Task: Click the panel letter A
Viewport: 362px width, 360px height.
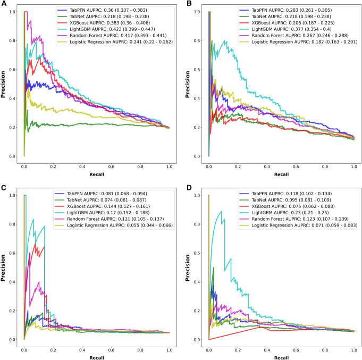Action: [x=4, y=4]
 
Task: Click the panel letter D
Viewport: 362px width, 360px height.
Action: [x=189, y=187]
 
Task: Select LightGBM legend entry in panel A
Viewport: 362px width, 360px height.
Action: [x=106, y=29]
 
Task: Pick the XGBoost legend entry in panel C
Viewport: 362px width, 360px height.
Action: [x=102, y=206]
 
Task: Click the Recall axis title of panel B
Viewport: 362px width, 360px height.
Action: [x=281, y=174]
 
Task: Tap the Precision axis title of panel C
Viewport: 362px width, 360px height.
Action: [x=3, y=268]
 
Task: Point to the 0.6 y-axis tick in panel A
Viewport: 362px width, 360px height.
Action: [x=12, y=70]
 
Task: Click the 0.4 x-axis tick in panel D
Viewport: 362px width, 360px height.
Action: [x=267, y=350]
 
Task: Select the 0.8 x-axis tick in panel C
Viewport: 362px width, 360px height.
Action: [x=140, y=350]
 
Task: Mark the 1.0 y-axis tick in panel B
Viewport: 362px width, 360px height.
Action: [x=197, y=12]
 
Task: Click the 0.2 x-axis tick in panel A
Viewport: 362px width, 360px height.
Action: [x=53, y=166]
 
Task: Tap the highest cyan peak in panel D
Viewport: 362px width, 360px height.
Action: [x=222, y=211]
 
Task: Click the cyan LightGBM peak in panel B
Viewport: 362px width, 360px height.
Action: [x=224, y=40]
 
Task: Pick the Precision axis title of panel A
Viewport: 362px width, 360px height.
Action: [x=3, y=85]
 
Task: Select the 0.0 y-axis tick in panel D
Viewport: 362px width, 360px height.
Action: [x=197, y=340]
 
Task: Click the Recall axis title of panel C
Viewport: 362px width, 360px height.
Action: [x=97, y=358]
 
